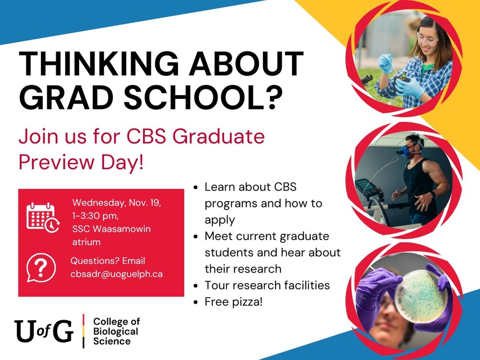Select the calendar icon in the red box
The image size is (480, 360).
pos(42,217)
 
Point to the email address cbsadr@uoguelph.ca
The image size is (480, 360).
pos(117,274)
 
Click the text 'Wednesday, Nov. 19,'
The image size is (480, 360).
pos(117,202)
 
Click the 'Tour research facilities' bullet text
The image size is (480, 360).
pos(267,285)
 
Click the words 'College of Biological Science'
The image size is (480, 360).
pos(116,331)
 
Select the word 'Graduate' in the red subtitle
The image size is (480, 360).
pos(218,137)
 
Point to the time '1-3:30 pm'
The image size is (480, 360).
pos(95,216)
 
